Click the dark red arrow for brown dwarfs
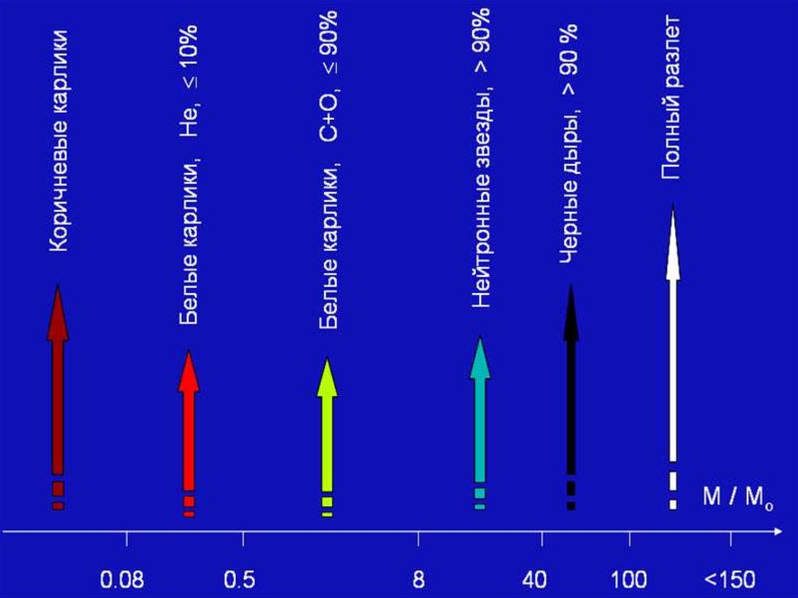[x=58, y=390]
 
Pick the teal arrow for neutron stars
[x=480, y=413]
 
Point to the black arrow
[x=571, y=390]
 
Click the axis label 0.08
[x=123, y=580]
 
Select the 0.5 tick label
[x=239, y=580]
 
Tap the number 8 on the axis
[x=418, y=580]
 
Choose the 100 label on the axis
[x=630, y=580]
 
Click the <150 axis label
[x=729, y=580]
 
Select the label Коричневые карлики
[x=60, y=141]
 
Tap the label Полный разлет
[x=671, y=97]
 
